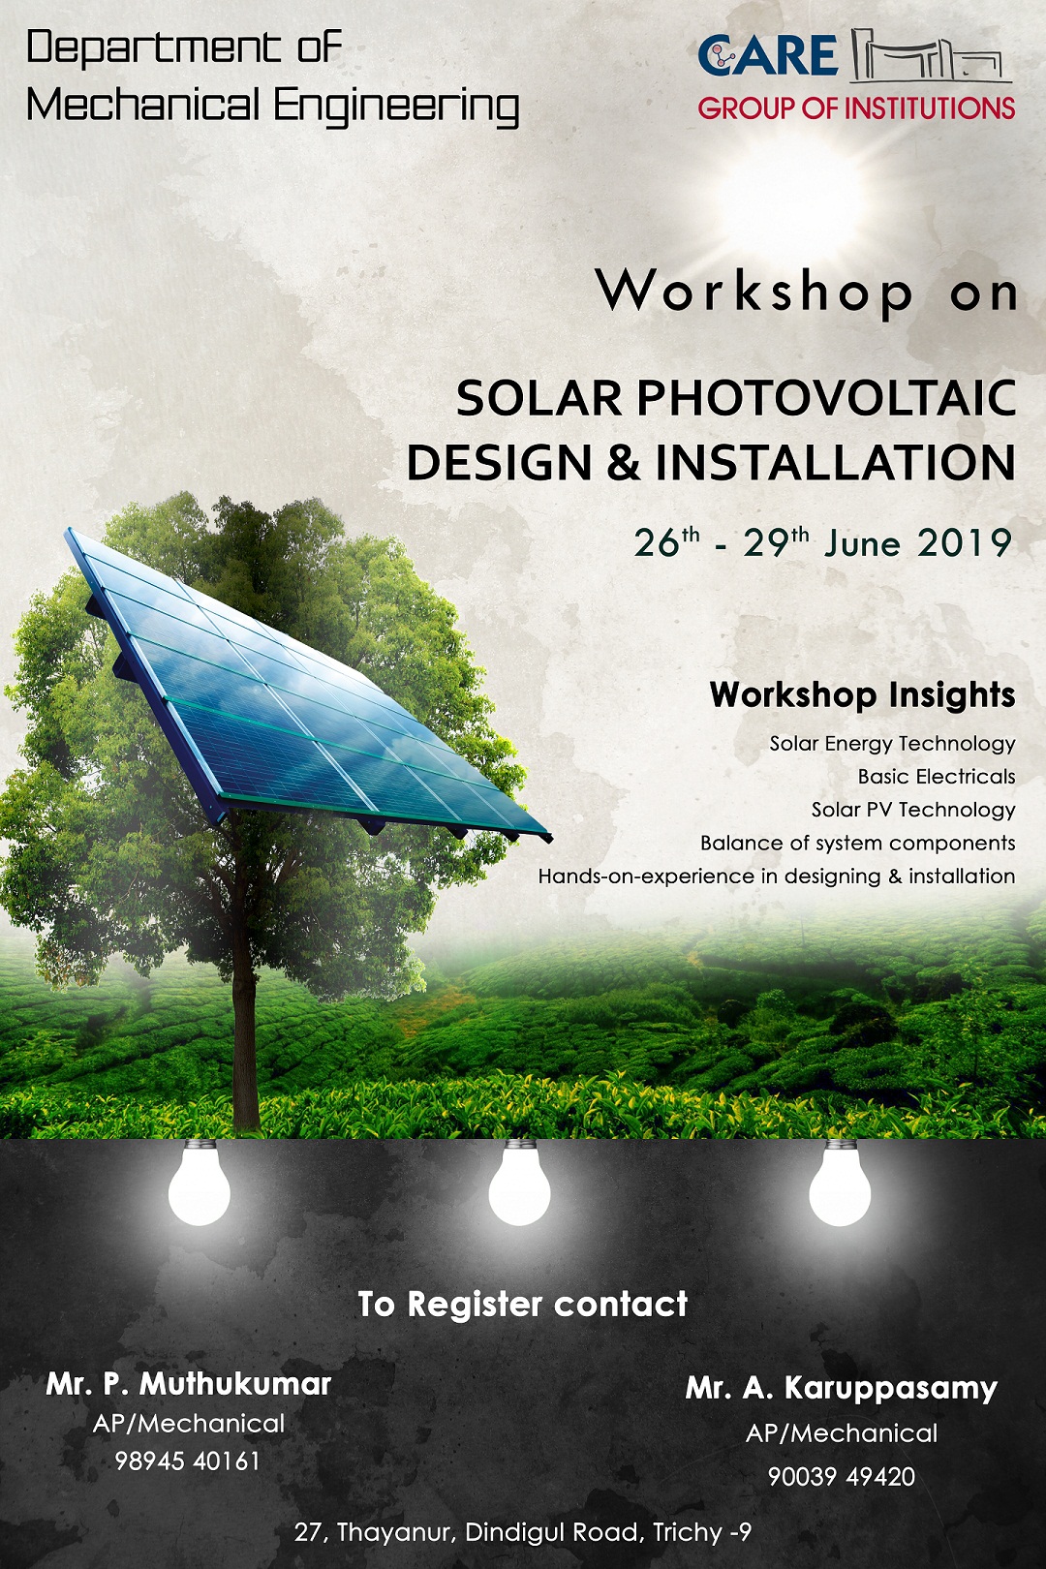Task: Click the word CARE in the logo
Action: pyautogui.click(x=767, y=55)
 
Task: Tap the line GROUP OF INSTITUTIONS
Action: pyautogui.click(x=856, y=108)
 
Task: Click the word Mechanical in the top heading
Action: pyautogui.click(x=143, y=105)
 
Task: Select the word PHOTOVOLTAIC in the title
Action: pyautogui.click(x=825, y=398)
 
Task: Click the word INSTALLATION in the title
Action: pyautogui.click(x=835, y=463)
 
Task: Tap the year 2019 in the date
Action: pyautogui.click(x=964, y=543)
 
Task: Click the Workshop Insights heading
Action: pyautogui.click(x=862, y=694)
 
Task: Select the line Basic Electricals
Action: pyautogui.click(x=936, y=777)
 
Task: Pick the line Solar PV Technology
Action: pyautogui.click(x=913, y=810)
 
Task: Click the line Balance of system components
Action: pyautogui.click(x=857, y=843)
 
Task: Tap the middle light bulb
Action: pyautogui.click(x=520, y=1185)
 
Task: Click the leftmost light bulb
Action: pyautogui.click(x=200, y=1185)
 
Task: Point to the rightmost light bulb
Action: pyautogui.click(x=840, y=1185)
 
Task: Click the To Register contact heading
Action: pyautogui.click(x=523, y=1305)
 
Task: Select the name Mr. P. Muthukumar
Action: pyautogui.click(x=189, y=1384)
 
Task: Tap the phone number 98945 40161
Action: pyautogui.click(x=188, y=1461)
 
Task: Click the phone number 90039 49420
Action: pyautogui.click(x=841, y=1476)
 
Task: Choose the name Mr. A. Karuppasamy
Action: pyautogui.click(x=841, y=1388)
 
